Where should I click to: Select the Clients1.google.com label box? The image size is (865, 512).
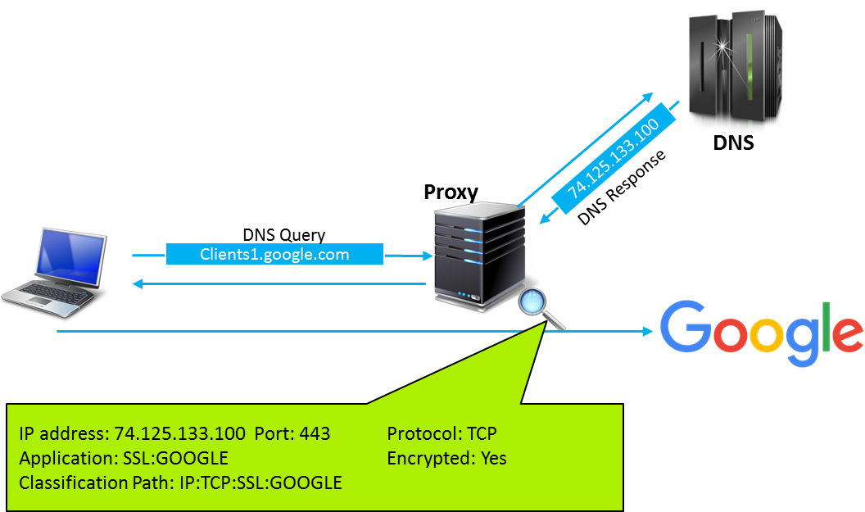(274, 255)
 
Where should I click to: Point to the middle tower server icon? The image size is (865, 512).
(479, 257)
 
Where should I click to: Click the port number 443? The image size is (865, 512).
(315, 434)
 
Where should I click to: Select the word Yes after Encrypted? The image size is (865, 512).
(491, 459)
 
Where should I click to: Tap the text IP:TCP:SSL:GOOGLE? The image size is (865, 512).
(260, 483)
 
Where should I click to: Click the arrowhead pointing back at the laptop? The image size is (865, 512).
(137, 284)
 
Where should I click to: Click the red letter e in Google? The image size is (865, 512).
(849, 336)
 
